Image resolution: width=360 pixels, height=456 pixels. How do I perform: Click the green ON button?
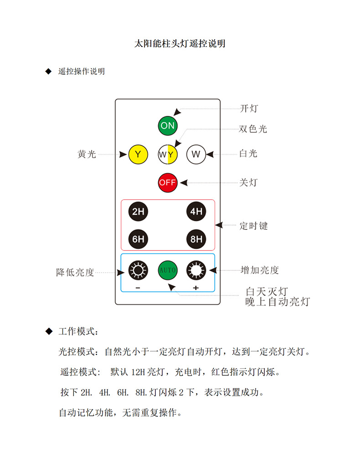tap(167, 126)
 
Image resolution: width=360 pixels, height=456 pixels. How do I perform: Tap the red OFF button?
tap(167, 182)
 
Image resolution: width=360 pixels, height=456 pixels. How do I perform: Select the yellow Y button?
tap(138, 154)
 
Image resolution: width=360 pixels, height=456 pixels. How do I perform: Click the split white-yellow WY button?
tap(167, 154)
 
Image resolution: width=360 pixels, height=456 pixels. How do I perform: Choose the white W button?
tap(196, 154)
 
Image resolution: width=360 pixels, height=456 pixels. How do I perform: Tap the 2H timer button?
tap(138, 211)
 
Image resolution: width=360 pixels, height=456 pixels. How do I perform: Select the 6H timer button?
tap(138, 238)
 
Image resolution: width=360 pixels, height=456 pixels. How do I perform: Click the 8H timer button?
tap(196, 238)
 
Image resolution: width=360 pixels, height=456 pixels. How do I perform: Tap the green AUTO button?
tap(167, 270)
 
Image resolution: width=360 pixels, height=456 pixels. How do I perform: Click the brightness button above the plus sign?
tap(196, 270)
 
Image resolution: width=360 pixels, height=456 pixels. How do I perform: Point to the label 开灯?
tap(249, 109)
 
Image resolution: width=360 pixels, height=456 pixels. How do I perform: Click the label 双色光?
tap(253, 129)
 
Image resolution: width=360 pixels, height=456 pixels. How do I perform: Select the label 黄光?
tap(87, 155)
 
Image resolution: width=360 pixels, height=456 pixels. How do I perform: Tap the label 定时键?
tap(254, 226)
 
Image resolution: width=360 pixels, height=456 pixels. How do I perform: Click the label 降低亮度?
tap(75, 273)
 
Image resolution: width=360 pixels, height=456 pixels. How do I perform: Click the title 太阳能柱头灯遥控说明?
tap(180, 44)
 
